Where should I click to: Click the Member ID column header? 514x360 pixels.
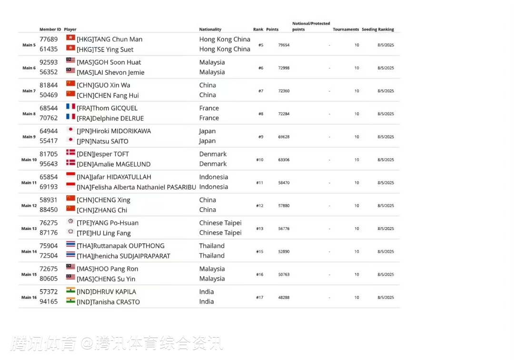[50, 30]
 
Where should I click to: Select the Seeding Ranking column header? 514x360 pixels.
[378, 30]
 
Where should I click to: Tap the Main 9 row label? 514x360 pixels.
[29, 137]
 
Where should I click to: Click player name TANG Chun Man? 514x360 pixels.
[109, 40]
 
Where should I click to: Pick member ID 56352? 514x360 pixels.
[49, 72]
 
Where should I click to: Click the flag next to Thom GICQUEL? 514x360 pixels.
[70, 107]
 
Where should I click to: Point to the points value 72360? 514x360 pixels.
[284, 91]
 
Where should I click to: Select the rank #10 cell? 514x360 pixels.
[260, 160]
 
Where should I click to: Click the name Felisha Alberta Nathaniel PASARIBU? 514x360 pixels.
[136, 187]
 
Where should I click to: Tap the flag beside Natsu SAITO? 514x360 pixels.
[70, 140]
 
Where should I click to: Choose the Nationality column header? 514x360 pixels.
[210, 30]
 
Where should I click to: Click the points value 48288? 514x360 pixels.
[284, 298]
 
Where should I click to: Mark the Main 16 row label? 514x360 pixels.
[29, 298]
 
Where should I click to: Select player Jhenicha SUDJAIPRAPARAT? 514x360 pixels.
[123, 256]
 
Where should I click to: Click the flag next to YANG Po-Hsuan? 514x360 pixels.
[70, 221]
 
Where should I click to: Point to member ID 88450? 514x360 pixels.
[49, 210]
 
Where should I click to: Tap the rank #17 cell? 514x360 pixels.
[260, 298]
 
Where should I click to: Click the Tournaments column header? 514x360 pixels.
[346, 30]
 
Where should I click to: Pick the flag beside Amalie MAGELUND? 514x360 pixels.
[70, 162]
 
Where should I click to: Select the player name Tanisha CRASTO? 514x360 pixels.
[108, 302]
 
